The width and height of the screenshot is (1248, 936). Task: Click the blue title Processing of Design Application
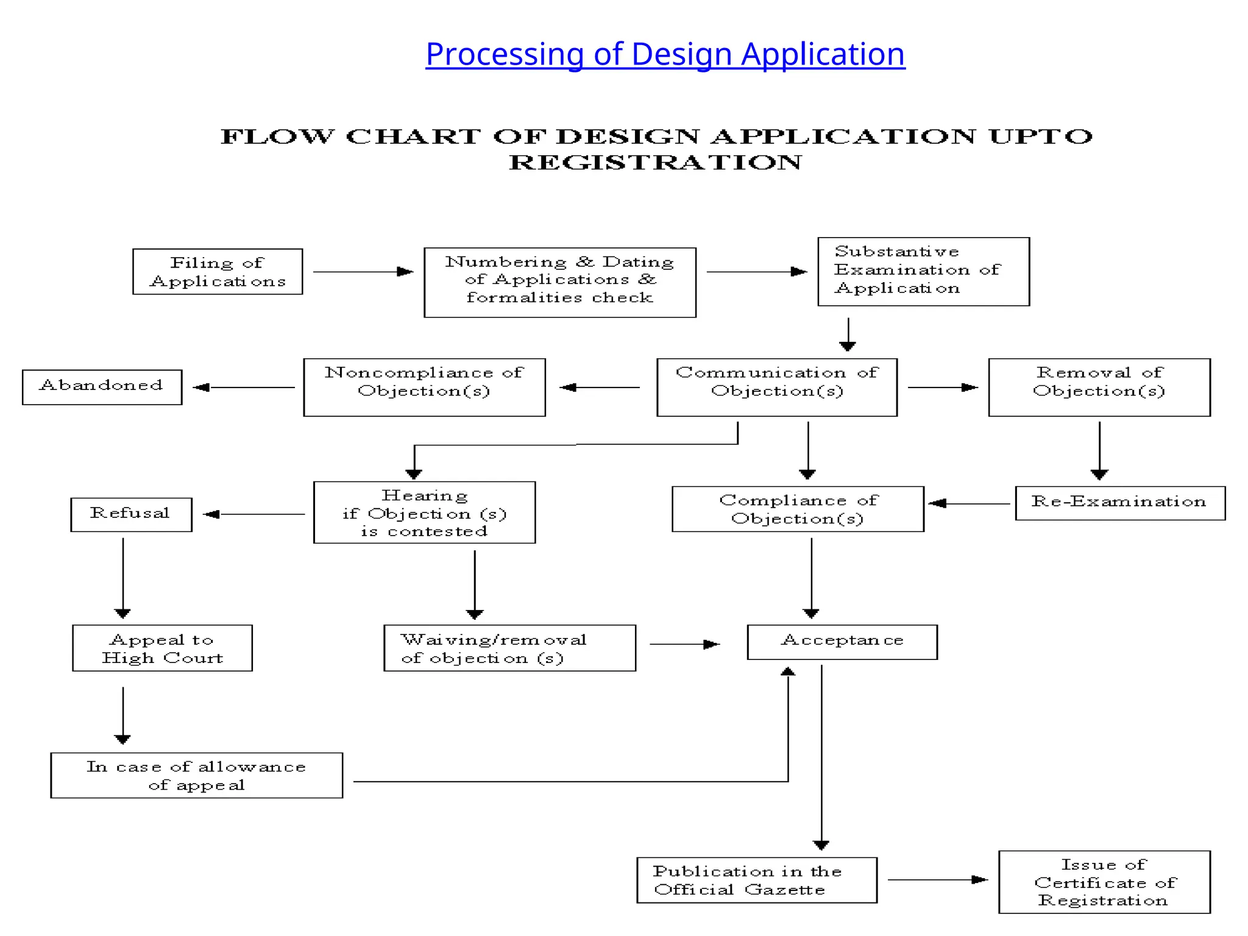point(665,54)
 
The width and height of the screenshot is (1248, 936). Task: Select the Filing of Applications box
point(218,272)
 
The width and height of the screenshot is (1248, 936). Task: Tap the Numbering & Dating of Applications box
point(559,282)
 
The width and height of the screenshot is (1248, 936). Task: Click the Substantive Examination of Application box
point(923,272)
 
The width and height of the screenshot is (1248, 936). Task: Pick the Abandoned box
point(102,387)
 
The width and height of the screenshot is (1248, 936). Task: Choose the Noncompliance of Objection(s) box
point(424,388)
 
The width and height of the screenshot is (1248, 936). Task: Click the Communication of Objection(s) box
point(776,388)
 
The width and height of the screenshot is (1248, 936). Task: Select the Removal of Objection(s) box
point(1099,388)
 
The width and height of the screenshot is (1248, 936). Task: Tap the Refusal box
point(131,514)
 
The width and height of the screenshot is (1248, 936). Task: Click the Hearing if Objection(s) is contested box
point(424,512)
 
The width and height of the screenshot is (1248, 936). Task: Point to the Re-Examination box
point(1119,503)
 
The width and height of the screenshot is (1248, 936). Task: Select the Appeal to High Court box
point(162,648)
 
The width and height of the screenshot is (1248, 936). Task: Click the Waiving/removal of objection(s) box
point(509,648)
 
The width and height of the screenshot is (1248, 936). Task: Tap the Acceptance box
point(842,642)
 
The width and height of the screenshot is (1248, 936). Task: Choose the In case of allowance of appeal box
point(196,775)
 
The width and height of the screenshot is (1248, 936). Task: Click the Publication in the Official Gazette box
point(756,880)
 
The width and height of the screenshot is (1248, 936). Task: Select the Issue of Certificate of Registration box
point(1104,882)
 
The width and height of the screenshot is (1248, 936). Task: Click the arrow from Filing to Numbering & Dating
point(363,272)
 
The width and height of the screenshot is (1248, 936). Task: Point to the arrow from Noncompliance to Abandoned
point(244,387)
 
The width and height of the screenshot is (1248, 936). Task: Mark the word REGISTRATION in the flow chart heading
point(655,163)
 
